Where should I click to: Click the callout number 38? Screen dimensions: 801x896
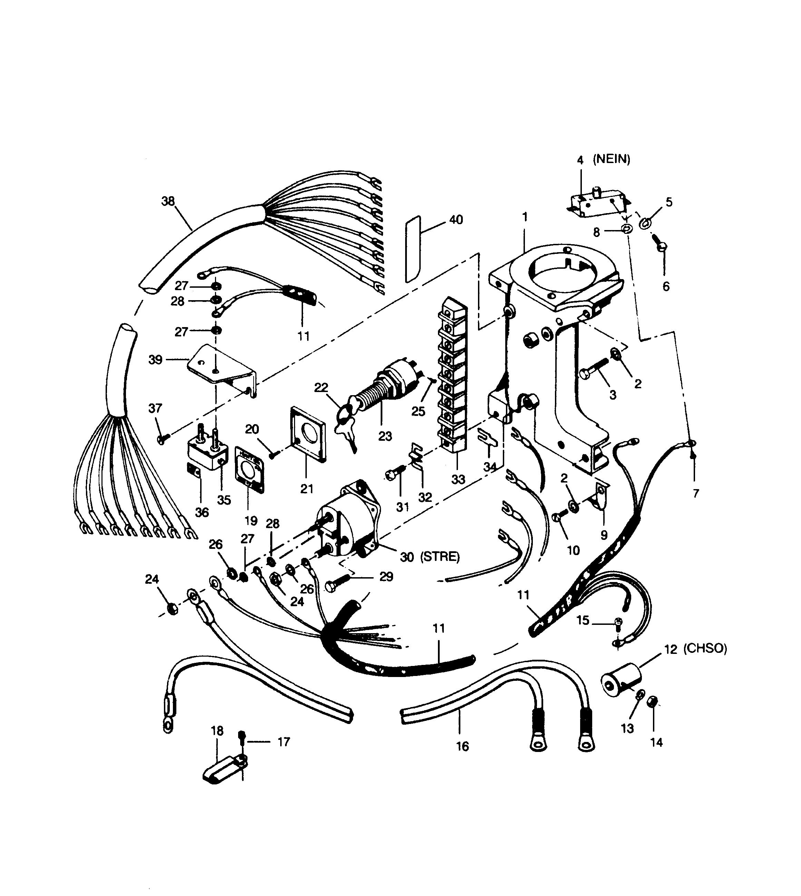click(x=168, y=201)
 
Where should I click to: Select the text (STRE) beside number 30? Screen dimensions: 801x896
click(x=440, y=557)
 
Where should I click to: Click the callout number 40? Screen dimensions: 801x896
click(x=456, y=219)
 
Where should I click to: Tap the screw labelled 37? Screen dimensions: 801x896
click(x=163, y=438)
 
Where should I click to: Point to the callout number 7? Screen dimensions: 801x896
click(x=695, y=493)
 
